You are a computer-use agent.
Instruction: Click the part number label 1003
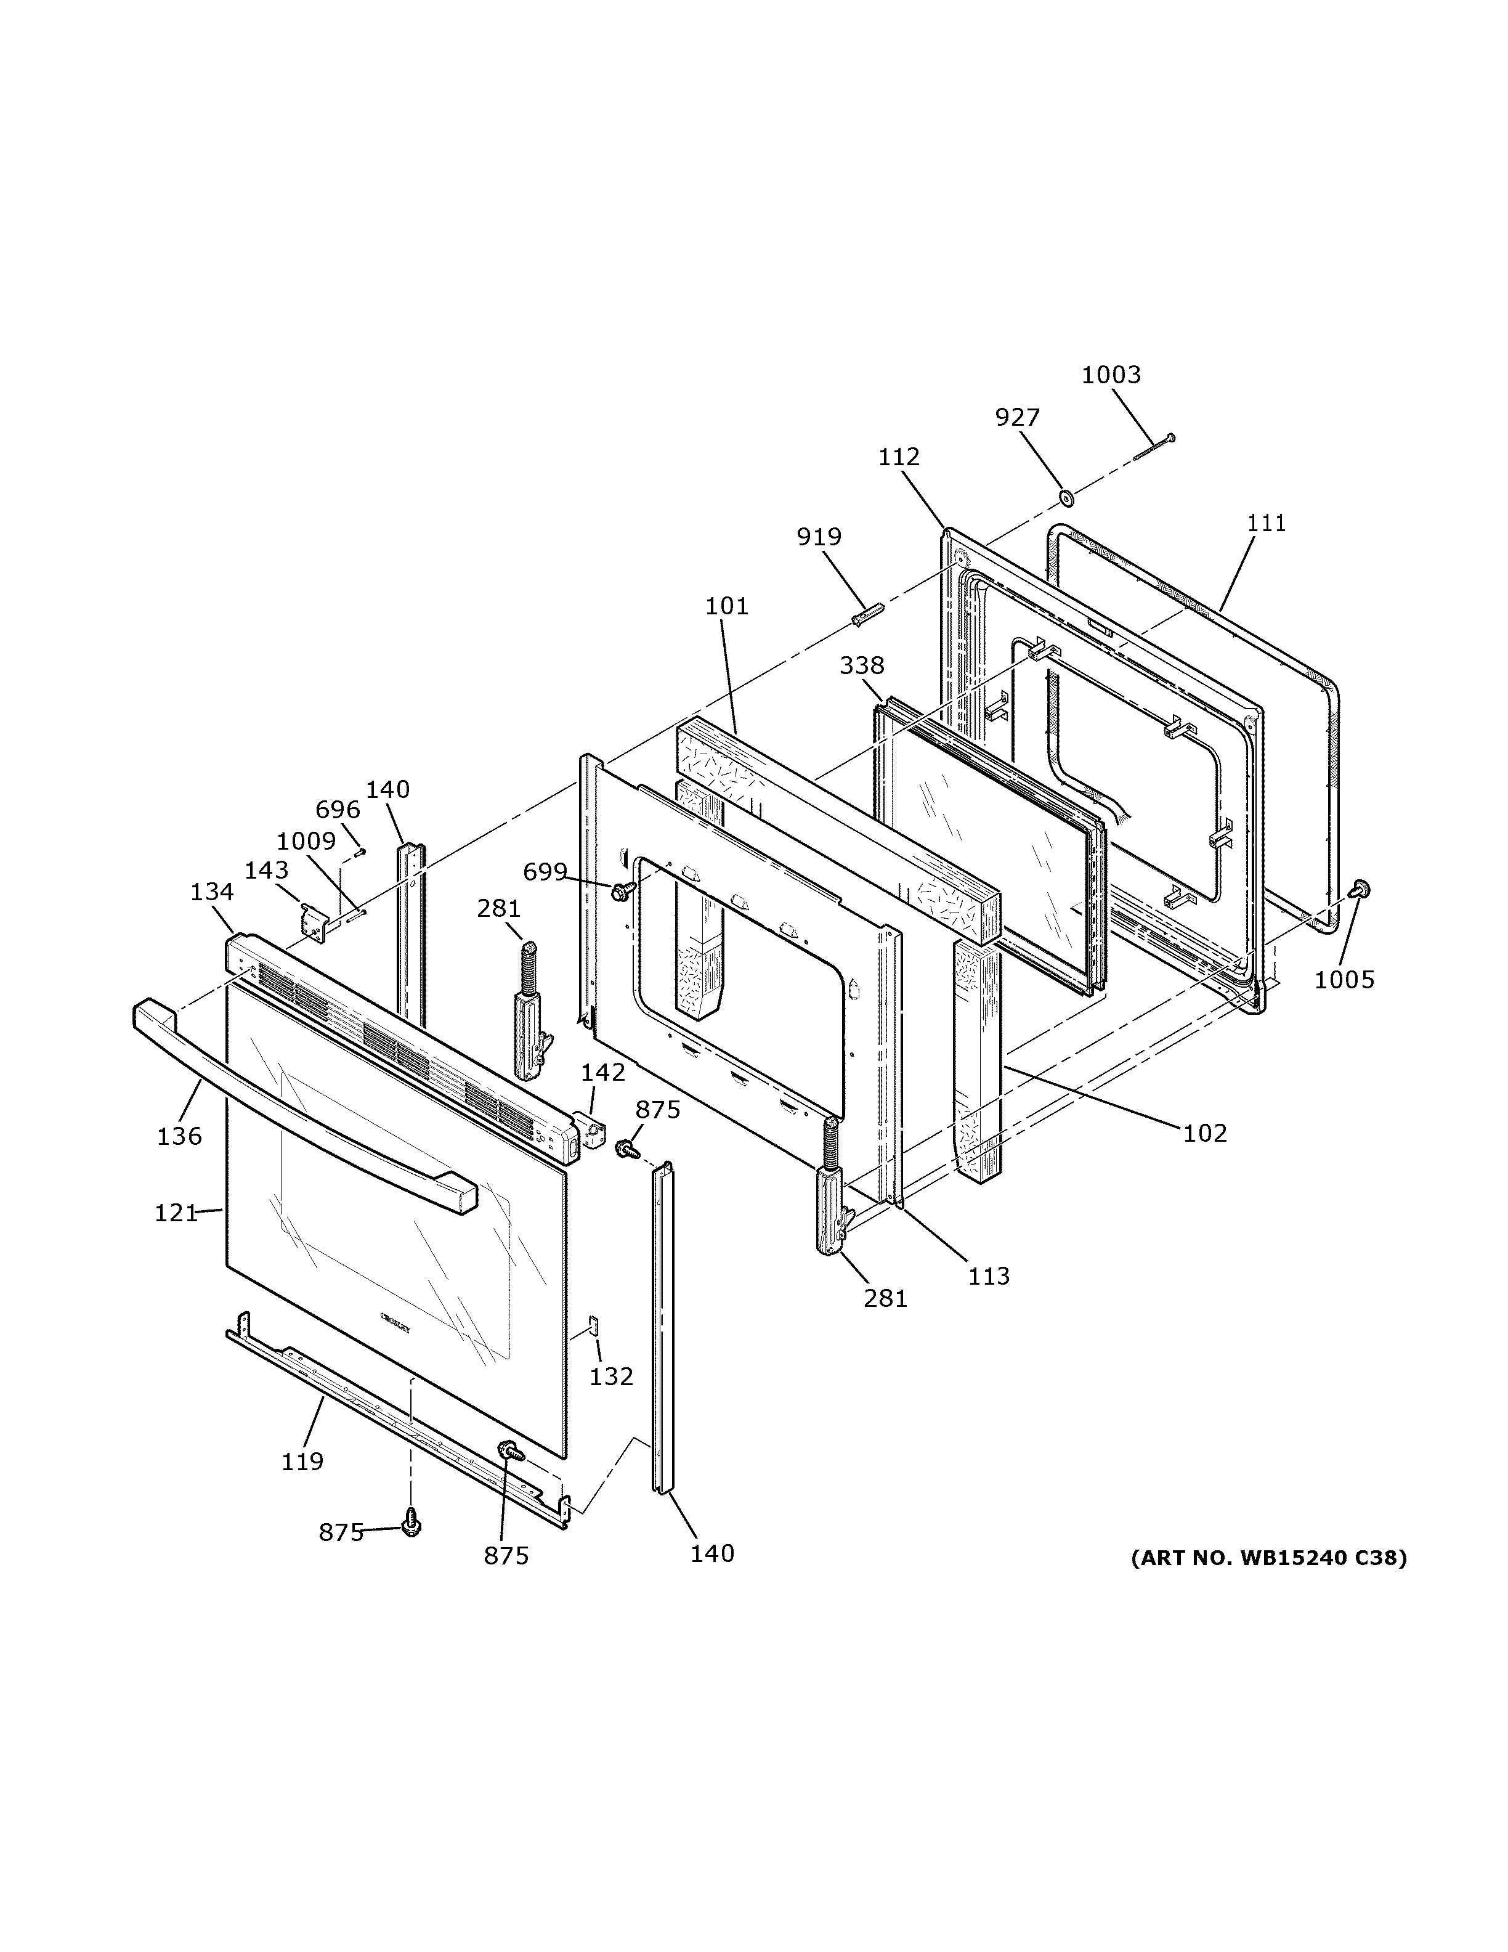(1111, 375)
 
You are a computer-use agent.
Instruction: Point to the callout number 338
(861, 665)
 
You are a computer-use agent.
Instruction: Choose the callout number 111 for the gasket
(1266, 523)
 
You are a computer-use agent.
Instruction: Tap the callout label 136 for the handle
(179, 1136)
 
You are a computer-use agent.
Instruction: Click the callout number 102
(1205, 1133)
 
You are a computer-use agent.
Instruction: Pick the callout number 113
(988, 1275)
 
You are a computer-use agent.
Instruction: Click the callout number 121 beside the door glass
(175, 1213)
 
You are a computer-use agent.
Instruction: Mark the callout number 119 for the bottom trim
(302, 1462)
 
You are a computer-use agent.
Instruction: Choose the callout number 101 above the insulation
(726, 606)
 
